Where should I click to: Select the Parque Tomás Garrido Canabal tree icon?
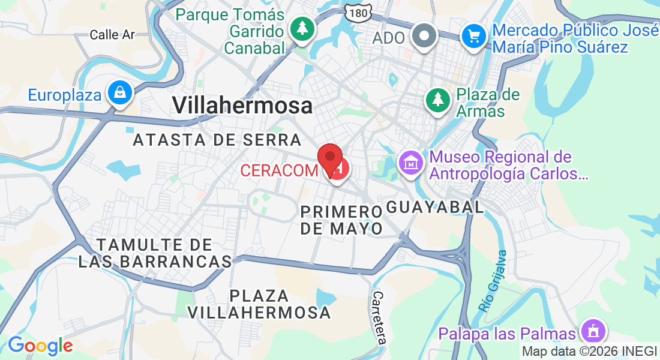click(302, 28)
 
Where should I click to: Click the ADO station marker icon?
click(425, 35)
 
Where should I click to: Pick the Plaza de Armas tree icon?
click(439, 99)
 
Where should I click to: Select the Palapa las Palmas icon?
click(593, 331)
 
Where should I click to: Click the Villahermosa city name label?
click(242, 106)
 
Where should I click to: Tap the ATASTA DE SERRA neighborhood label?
click(217, 140)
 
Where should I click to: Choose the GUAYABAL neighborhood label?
click(434, 208)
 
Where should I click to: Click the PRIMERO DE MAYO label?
click(341, 220)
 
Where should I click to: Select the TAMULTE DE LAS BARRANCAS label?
click(155, 253)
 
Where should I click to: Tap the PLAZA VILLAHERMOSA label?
click(259, 304)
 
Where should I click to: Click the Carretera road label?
click(379, 317)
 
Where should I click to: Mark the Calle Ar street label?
click(112, 35)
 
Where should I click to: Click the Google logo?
click(40, 346)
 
